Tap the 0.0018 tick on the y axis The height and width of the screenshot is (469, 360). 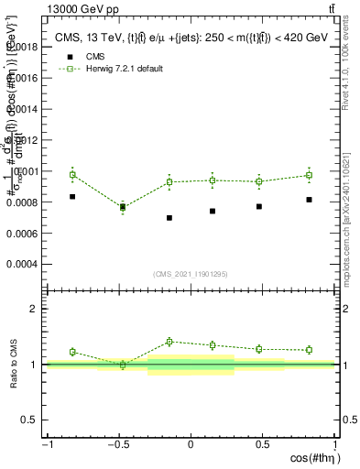[x=27, y=46]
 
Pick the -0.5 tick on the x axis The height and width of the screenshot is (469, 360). [x=117, y=444]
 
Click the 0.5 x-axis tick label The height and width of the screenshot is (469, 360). [x=262, y=444]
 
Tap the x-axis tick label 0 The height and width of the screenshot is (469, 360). [x=191, y=444]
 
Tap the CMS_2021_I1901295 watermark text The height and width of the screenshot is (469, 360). [x=191, y=274]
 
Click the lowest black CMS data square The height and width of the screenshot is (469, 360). [x=169, y=218]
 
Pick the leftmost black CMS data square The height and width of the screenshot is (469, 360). [x=72, y=196]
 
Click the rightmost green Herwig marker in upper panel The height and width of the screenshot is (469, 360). [x=309, y=175]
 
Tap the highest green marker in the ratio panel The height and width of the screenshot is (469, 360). [x=169, y=342]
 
